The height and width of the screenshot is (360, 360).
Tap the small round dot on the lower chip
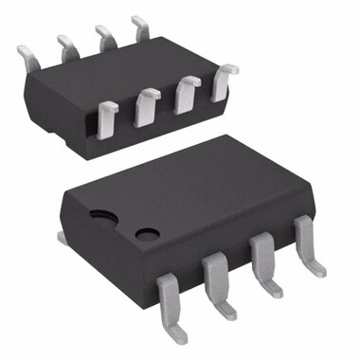146,232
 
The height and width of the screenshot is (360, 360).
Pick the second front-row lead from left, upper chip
147,106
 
